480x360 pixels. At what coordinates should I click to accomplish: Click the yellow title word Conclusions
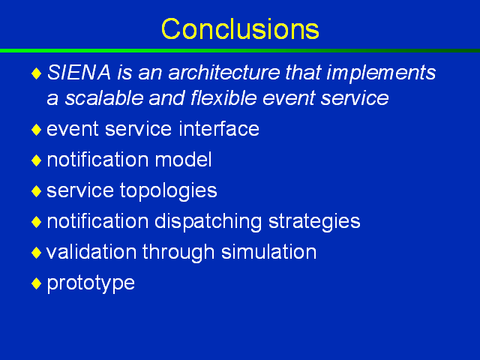coord(240,29)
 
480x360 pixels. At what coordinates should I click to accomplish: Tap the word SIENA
coord(79,73)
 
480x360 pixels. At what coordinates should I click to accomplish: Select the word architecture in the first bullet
coord(224,73)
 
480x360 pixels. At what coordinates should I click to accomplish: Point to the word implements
coord(381,73)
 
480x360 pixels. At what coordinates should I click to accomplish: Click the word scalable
coord(104,98)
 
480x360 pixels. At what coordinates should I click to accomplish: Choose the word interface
coord(219,128)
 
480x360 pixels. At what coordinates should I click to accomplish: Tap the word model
coord(183,160)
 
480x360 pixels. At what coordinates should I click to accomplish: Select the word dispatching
coord(208,222)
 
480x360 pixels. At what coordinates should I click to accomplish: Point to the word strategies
coord(314,222)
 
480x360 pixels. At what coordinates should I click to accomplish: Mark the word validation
coord(91,252)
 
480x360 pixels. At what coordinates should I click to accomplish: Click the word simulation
coord(268,252)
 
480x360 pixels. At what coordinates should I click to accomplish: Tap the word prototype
coord(91,283)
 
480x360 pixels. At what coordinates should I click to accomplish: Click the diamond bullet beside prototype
coord(37,283)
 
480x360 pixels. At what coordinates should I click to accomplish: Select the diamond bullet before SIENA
coord(37,73)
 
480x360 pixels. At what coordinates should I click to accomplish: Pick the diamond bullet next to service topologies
coord(37,191)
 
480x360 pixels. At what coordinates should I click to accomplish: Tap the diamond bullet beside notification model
coord(37,160)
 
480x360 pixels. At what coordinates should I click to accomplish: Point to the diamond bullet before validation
coord(37,253)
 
